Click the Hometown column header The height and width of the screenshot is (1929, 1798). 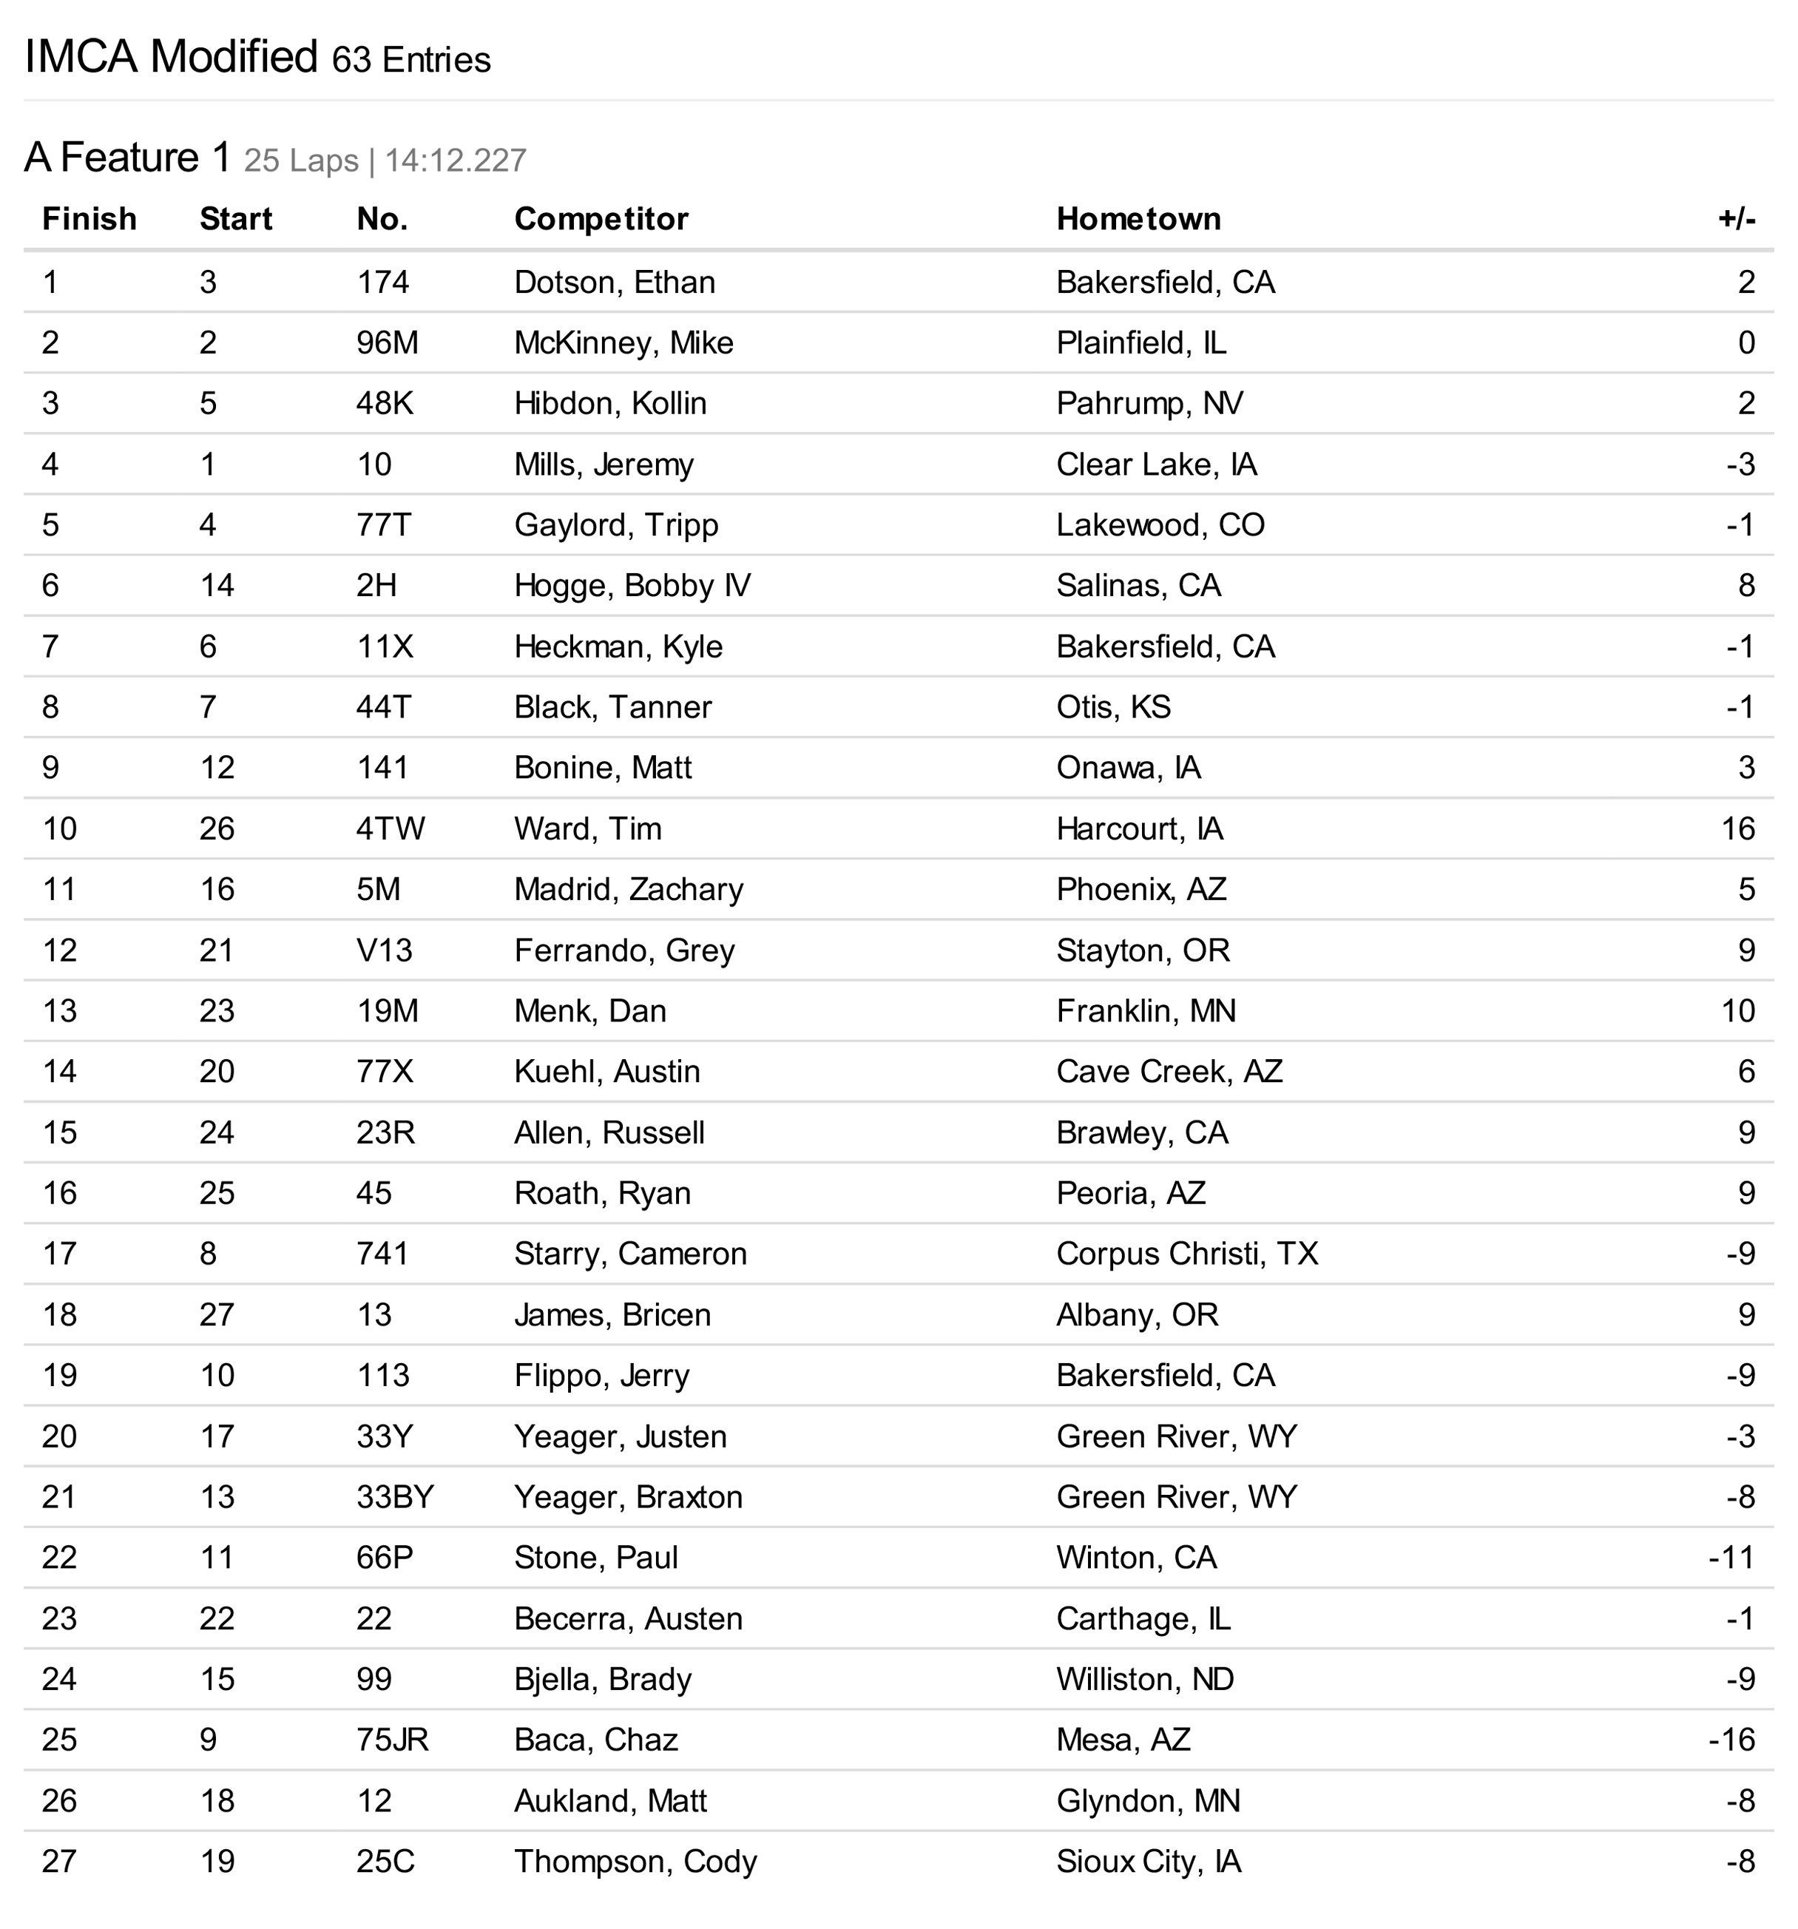tap(1138, 219)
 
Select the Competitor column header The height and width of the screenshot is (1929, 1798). tap(601, 219)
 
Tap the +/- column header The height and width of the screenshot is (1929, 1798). tap(1736, 219)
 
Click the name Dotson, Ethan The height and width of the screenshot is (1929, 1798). tap(614, 283)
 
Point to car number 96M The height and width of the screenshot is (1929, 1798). tap(387, 342)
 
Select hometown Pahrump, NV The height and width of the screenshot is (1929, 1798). tap(1150, 404)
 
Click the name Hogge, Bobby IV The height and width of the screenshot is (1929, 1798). tap(632, 585)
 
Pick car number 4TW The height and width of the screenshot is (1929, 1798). tap(390, 828)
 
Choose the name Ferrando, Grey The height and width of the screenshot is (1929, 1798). tap(624, 950)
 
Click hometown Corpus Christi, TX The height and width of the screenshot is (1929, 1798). tap(1186, 1254)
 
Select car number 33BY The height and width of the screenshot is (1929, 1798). tap(395, 1496)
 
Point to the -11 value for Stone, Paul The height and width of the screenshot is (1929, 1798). tap(1731, 1558)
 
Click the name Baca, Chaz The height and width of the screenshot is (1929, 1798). tap(596, 1740)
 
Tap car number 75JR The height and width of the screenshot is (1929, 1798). tap(392, 1740)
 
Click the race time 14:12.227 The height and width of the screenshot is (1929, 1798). tap(455, 160)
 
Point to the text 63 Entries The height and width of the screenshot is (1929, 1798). tap(411, 60)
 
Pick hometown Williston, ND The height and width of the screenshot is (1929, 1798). tap(1145, 1679)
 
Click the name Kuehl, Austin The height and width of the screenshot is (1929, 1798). tap(606, 1071)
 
